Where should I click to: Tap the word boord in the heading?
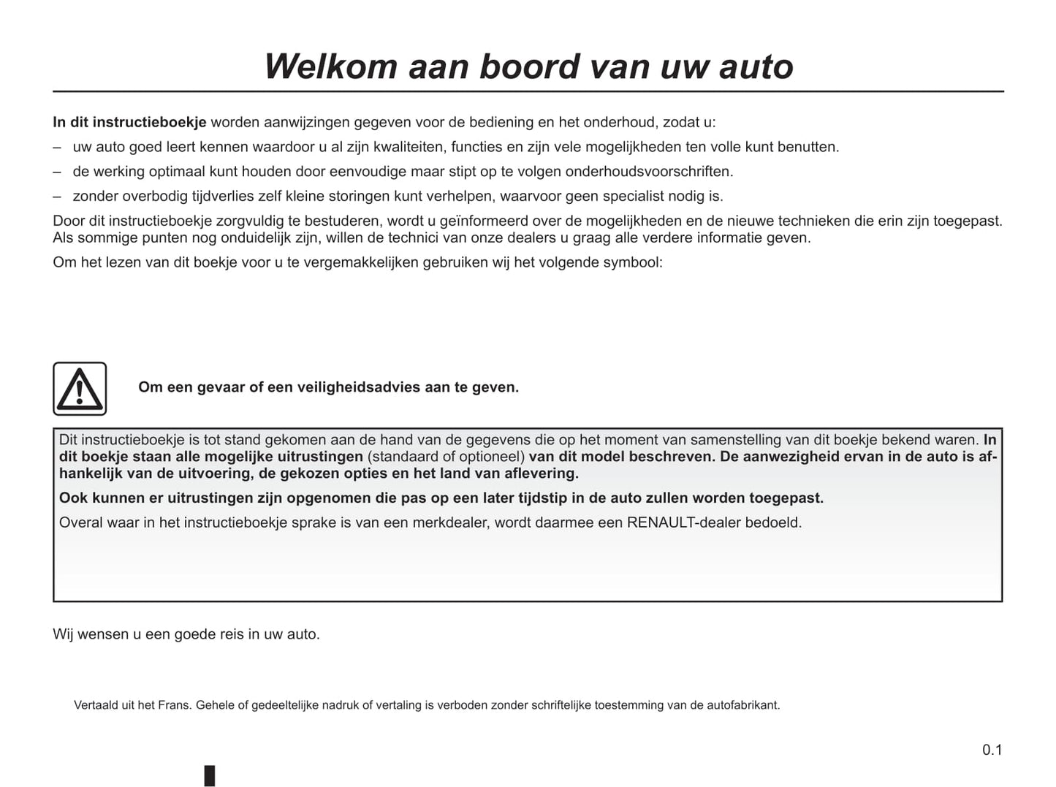(530, 66)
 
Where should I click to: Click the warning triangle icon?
(80, 389)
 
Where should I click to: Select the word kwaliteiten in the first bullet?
(409, 147)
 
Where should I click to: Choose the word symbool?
(632, 262)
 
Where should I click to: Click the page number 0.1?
(992, 750)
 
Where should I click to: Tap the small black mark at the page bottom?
(210, 775)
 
